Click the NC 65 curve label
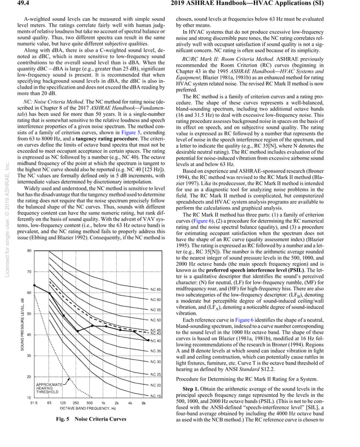point(156,289)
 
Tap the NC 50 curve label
point(156,320)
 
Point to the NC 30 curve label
point(156,361)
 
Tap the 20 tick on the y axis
point(28,376)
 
